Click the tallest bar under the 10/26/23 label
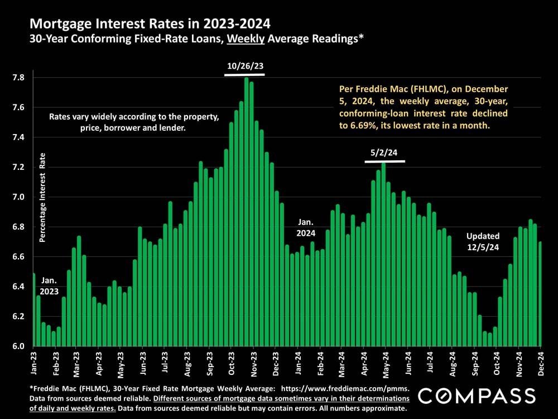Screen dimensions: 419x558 [246, 212]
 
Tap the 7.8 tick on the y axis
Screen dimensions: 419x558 [20, 78]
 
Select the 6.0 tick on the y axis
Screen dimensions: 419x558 [20, 346]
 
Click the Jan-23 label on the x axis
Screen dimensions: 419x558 [34, 363]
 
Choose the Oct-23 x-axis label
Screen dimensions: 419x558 [231, 363]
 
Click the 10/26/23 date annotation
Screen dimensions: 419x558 [245, 66]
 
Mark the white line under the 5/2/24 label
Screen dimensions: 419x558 [384, 161]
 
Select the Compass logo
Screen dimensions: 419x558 [477, 396]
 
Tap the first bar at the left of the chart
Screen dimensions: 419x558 [33, 310]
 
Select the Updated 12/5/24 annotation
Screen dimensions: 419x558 [483, 241]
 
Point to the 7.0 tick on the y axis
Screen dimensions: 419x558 [20, 197]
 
